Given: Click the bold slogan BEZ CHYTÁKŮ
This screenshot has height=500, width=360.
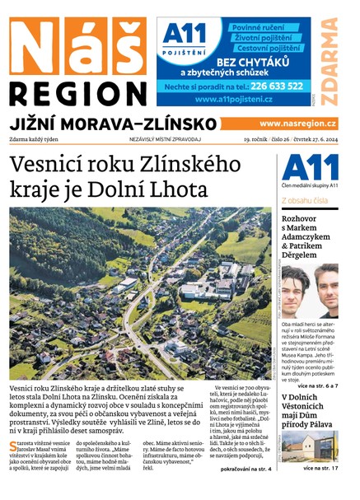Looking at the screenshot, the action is (252, 62).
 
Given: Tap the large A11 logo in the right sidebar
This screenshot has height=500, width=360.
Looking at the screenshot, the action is (310, 169).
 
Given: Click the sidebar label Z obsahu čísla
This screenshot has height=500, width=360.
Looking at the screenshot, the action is (305, 201).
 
